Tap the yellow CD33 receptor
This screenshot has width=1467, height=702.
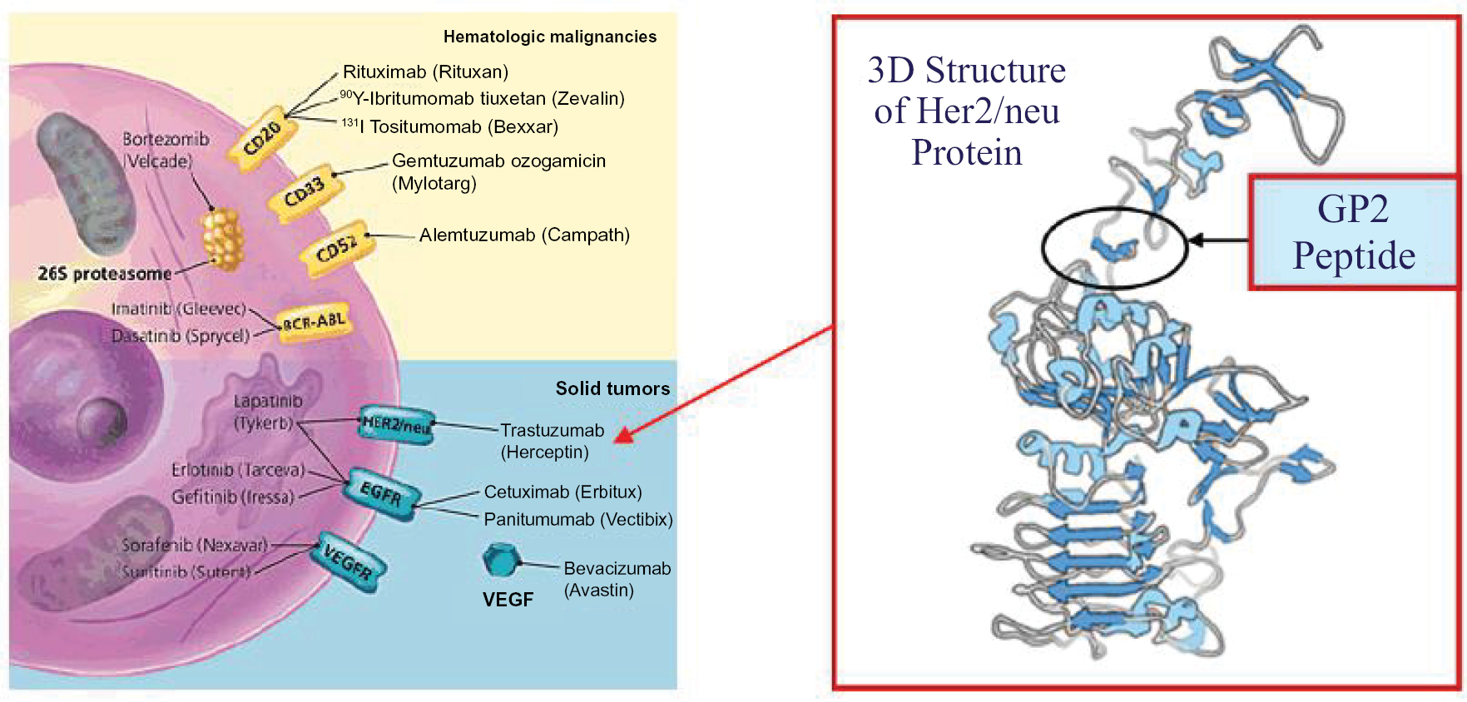click(305, 195)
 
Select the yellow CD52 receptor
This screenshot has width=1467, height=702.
click(336, 249)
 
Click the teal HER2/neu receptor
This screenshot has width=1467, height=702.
click(396, 426)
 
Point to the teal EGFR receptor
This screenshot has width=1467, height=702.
click(382, 494)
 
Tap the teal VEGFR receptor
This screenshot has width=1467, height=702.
click(348, 561)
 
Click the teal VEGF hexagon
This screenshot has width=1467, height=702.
click(499, 561)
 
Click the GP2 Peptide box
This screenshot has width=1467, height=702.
click(1353, 232)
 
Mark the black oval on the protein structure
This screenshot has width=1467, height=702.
click(1114, 247)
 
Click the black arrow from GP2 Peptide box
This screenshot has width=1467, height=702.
click(1219, 240)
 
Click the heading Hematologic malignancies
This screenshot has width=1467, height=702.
click(549, 37)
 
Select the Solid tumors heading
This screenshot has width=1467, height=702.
click(612, 388)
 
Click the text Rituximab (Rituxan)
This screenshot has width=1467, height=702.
click(425, 72)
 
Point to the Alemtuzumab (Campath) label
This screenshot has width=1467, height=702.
click(524, 235)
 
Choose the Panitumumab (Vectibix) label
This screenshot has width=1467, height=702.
click(578, 520)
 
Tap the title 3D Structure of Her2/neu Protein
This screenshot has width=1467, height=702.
click(967, 111)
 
